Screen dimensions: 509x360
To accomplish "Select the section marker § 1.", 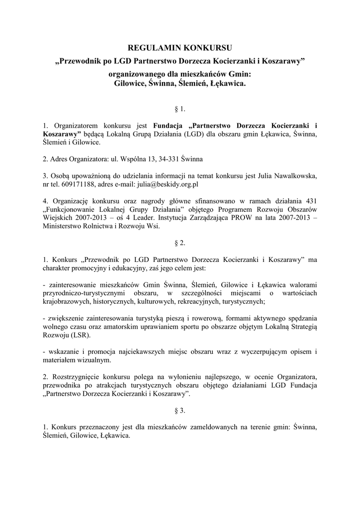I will pos(180,108).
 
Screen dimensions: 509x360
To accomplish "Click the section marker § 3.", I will pos(180,411).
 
